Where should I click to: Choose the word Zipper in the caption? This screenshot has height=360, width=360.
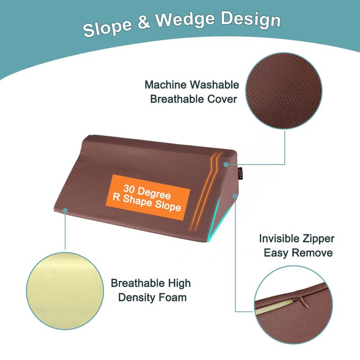click(x=318, y=239)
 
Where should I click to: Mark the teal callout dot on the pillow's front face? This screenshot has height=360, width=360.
click(x=66, y=210)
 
